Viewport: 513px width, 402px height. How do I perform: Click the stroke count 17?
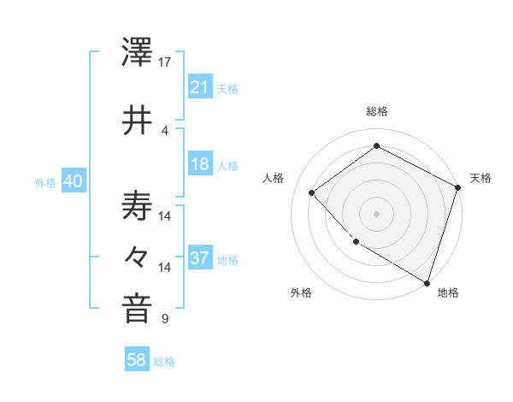point(165,62)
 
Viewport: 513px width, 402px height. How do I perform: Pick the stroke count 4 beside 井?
point(165,130)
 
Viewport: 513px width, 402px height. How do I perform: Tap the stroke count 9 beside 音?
point(165,320)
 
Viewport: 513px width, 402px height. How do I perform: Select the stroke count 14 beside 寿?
point(165,216)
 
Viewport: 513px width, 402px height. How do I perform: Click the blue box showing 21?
point(199,87)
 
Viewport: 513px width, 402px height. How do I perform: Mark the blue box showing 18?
point(199,164)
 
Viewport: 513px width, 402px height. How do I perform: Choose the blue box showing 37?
point(199,258)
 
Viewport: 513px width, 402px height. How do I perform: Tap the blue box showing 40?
point(73,181)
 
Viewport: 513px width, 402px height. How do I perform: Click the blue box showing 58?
point(137,360)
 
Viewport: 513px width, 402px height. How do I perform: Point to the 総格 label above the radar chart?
point(377,112)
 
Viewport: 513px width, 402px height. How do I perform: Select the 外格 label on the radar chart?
point(301,293)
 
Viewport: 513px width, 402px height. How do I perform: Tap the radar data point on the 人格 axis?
point(312,192)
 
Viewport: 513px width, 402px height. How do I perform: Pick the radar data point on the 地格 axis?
point(427,281)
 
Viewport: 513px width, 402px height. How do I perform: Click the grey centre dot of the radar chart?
point(376,213)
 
